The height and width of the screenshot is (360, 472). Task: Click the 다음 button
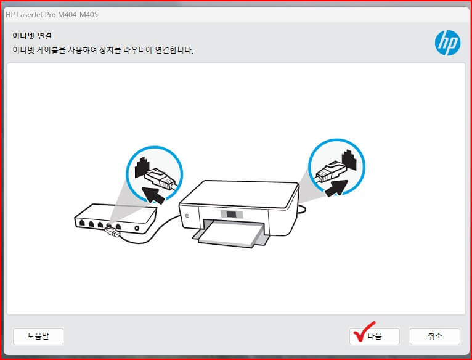point(375,336)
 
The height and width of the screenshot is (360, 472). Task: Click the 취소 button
point(434,336)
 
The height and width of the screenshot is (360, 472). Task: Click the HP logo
point(447,43)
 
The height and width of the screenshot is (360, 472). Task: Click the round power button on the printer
point(186,215)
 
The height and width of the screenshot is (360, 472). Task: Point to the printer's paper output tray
point(232,237)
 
